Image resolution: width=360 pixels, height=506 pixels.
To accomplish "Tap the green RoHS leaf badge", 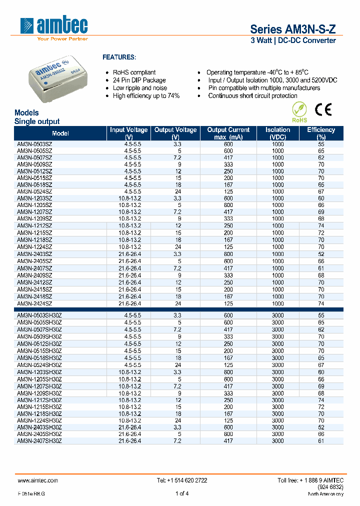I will tap(298, 111).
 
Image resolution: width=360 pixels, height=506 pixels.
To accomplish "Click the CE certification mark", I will tap(322, 109).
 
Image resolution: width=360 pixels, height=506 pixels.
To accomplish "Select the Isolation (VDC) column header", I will tap(277, 133).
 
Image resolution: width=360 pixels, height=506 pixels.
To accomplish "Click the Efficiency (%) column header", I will tap(321, 133).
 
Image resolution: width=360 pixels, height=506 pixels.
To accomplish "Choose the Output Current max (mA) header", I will tap(228, 133).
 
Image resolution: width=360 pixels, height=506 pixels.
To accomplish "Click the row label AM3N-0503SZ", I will tap(34, 144).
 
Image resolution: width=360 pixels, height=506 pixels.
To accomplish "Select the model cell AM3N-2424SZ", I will tap(34, 303).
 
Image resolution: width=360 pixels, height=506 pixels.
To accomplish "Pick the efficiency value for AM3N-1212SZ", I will tap(321, 225).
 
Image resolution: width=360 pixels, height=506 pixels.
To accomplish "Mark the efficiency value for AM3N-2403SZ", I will tap(321, 254).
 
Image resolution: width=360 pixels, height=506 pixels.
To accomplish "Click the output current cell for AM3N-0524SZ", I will tap(228, 191).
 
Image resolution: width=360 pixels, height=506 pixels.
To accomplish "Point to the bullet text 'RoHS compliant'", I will tap(134, 72).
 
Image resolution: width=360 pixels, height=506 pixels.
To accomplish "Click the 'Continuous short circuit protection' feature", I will tap(252, 96).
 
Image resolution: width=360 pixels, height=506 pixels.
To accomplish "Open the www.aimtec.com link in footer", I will tap(38, 480).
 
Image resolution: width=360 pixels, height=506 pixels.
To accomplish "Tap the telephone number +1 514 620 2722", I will tap(182, 480).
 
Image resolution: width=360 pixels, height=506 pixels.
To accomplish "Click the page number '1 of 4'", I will tap(182, 494).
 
